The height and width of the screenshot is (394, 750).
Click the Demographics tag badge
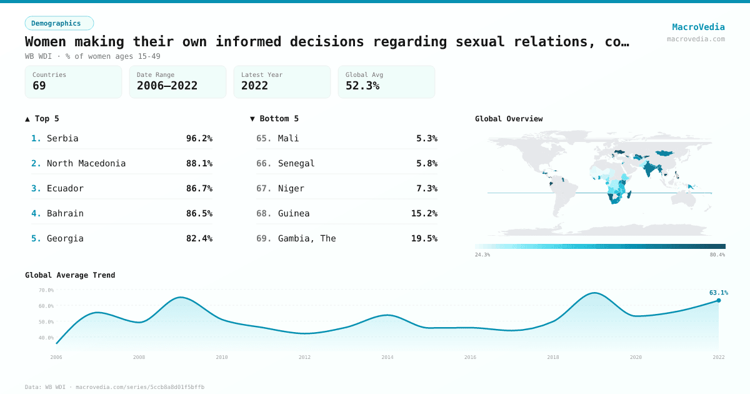pyautogui.click(x=59, y=23)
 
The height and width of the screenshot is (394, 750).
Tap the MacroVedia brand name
pyautogui.click(x=698, y=27)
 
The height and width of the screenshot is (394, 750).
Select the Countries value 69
pyautogui.click(x=39, y=86)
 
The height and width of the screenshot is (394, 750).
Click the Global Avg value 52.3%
pyautogui.click(x=362, y=86)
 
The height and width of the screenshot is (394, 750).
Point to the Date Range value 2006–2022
pyautogui.click(x=167, y=86)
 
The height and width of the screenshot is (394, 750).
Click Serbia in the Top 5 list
pyautogui.click(x=62, y=138)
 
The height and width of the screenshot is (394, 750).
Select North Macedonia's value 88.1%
pyautogui.click(x=199, y=163)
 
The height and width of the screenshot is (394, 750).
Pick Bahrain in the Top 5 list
pyautogui.click(x=65, y=213)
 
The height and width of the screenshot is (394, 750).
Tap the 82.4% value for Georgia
pyautogui.click(x=199, y=238)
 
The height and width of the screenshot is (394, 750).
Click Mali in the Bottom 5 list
pyautogui.click(x=288, y=138)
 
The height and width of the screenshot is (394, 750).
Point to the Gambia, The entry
pyautogui.click(x=306, y=238)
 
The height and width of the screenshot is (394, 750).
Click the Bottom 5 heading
pyautogui.click(x=274, y=119)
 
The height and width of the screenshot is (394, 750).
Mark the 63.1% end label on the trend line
pyautogui.click(x=718, y=293)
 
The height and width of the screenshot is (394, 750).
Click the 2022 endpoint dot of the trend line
pyautogui.click(x=718, y=300)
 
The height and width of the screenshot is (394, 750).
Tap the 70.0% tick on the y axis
pyautogui.click(x=46, y=290)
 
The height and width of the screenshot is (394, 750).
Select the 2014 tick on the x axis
pyautogui.click(x=387, y=357)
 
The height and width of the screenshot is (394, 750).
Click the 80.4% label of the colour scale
pyautogui.click(x=717, y=255)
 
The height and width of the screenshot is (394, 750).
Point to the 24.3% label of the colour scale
pyautogui.click(x=482, y=255)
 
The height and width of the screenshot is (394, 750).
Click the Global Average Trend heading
pyautogui.click(x=70, y=275)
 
